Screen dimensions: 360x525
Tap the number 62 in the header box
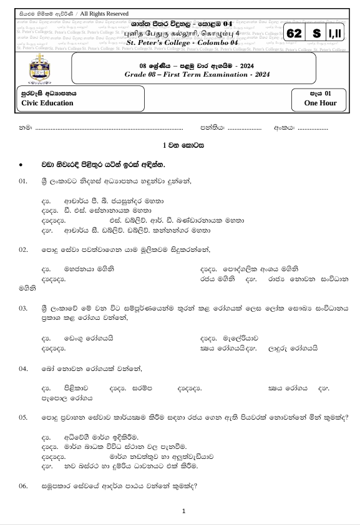296,35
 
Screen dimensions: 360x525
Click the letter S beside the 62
317,35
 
